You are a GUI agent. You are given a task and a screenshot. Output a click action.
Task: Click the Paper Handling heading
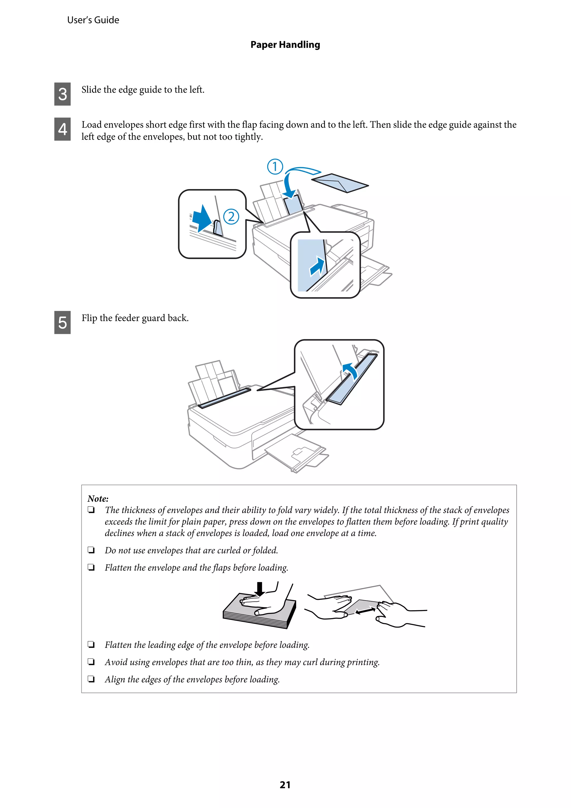click(285, 45)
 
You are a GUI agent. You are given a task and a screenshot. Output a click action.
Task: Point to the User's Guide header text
click(93, 20)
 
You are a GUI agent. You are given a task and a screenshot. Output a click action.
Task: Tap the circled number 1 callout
click(275, 167)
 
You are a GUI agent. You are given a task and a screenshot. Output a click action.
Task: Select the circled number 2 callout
click(231, 216)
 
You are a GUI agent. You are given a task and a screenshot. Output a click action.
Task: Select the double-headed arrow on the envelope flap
click(365, 611)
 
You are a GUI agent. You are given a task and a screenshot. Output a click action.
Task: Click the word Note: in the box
click(98, 499)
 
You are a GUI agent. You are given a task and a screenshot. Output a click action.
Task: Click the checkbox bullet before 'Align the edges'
click(91, 679)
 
